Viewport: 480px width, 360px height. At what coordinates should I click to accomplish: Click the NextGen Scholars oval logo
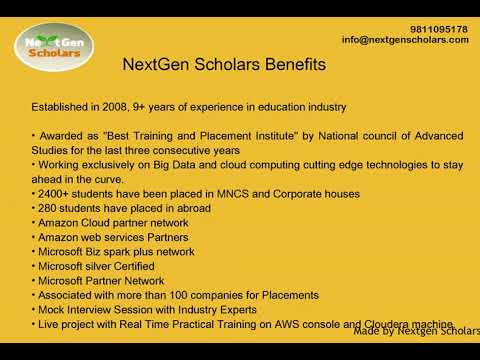coord(54,47)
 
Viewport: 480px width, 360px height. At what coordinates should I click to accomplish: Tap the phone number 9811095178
coord(439,29)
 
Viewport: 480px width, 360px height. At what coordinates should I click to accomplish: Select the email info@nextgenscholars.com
coord(405,40)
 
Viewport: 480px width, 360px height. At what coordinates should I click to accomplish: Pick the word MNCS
coord(233,194)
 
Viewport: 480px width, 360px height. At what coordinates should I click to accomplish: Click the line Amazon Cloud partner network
coord(113,223)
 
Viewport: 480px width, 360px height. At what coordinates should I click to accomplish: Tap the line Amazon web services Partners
coord(113,237)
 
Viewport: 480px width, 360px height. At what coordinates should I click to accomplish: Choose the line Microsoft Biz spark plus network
coord(116,252)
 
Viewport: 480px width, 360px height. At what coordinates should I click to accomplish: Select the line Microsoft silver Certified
coord(96,266)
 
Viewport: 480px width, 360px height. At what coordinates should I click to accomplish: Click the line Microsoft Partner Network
coord(101,281)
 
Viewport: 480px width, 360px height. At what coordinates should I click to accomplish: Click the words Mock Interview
coord(74,310)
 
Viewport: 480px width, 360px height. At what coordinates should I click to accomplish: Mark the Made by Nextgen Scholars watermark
coord(417,331)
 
